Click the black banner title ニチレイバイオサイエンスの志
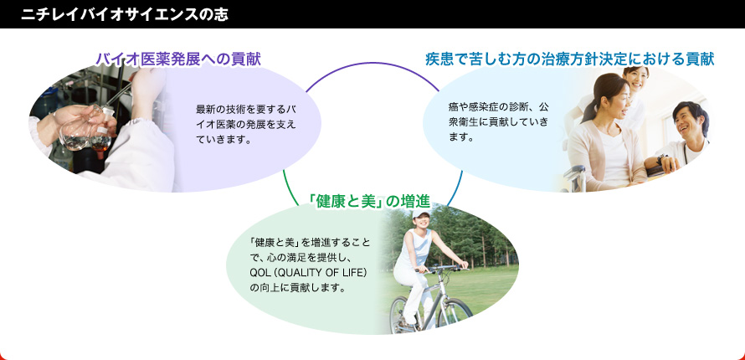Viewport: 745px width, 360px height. [124, 15]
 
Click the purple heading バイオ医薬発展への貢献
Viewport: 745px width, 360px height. [178, 59]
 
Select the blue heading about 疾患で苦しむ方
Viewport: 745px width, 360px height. [570, 59]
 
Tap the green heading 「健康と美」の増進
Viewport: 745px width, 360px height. [369, 203]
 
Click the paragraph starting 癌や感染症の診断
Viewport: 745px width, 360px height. [498, 121]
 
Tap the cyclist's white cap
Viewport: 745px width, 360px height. [420, 214]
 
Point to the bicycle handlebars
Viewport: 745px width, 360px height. [442, 269]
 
